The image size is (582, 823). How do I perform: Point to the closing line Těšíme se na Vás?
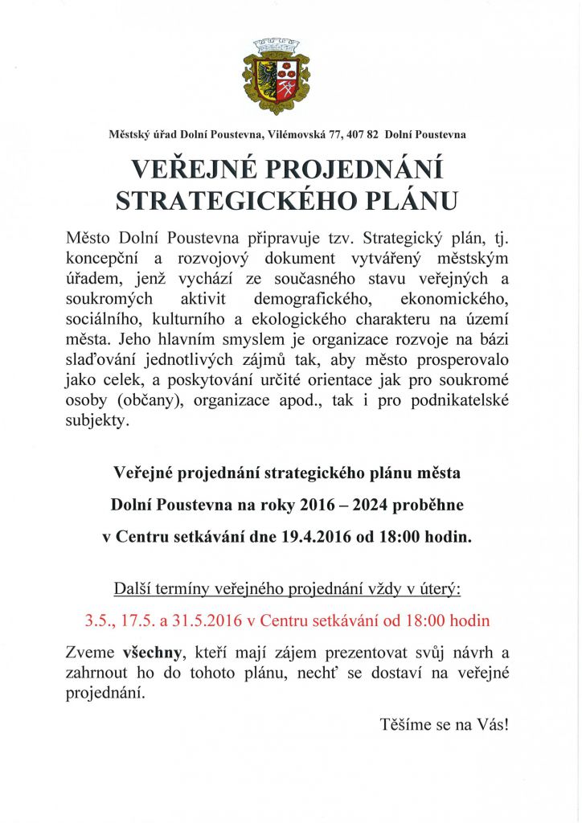445,725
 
